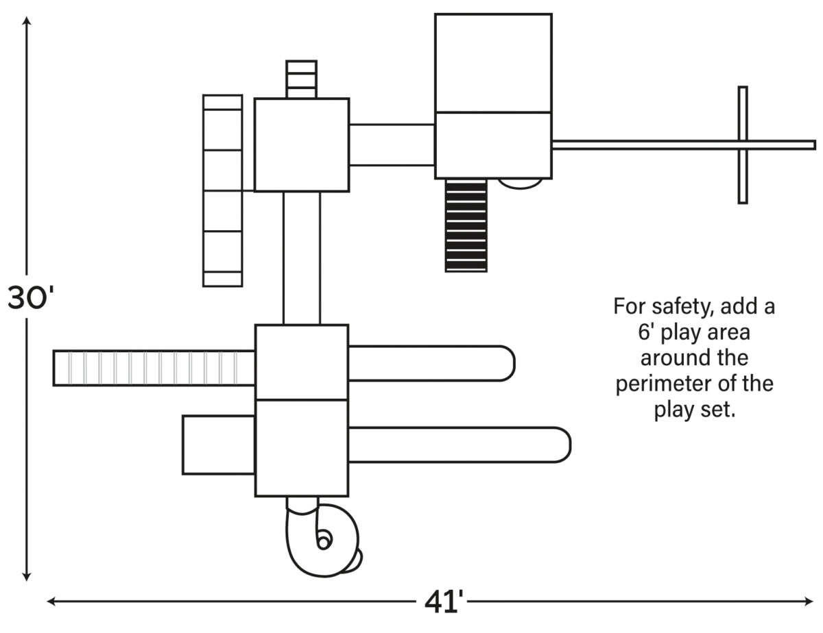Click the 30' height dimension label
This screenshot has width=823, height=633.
[x=30, y=299]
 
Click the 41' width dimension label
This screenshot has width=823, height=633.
[x=444, y=603]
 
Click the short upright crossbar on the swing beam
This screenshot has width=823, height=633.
[x=743, y=145]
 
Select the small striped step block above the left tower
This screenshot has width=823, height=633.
[x=301, y=79]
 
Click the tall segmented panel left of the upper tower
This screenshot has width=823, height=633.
[x=223, y=190]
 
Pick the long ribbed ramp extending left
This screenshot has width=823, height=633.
[x=154, y=368]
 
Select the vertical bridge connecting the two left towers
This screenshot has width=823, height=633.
[x=302, y=258]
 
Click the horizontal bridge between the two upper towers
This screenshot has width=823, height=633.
[x=392, y=145]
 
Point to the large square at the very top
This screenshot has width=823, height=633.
[x=493, y=62]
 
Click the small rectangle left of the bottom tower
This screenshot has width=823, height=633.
[x=219, y=445]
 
